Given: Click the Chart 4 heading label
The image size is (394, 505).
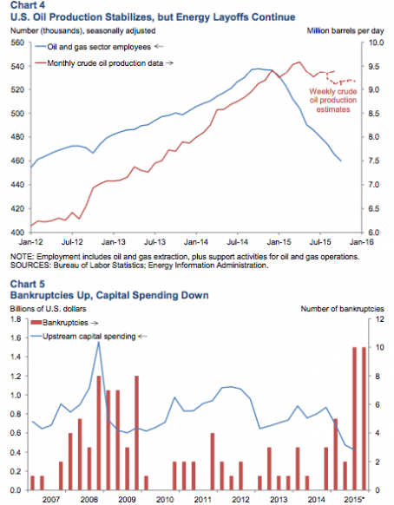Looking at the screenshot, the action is (28, 5).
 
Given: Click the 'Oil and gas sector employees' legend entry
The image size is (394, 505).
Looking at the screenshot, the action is (99, 47).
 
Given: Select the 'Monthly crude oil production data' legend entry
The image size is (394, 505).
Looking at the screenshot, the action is (105, 63).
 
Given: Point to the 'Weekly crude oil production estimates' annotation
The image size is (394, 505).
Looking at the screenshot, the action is (332, 100).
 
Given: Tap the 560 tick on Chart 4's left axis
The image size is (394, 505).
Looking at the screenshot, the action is (17, 43).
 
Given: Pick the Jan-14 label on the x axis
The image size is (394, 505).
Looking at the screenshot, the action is (196, 242).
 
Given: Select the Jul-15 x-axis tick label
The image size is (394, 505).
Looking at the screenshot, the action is (320, 242).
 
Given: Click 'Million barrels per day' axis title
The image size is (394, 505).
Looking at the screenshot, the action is (345, 31).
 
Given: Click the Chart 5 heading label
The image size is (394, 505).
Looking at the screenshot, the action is (28, 284).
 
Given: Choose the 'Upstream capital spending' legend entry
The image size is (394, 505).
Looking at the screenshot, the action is (89, 337).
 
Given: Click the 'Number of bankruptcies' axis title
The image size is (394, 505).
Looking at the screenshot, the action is (343, 309).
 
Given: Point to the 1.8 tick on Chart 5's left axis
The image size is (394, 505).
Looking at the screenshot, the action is (16, 319).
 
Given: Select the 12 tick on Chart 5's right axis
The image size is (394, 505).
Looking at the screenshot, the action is (379, 319).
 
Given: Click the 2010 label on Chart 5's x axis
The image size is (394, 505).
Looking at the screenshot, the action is (165, 500).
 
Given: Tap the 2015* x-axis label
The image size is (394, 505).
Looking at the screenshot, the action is (354, 500).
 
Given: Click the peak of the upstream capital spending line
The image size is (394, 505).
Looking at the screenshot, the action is (99, 342).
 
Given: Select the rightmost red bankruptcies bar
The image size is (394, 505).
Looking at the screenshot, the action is (364, 419).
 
